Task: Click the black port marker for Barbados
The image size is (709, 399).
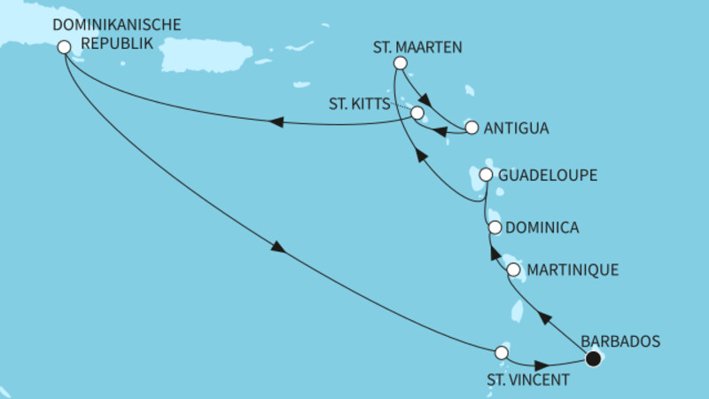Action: [x=593, y=358]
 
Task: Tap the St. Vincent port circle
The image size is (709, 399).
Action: [x=502, y=353]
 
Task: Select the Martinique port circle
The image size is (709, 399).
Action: [x=513, y=268]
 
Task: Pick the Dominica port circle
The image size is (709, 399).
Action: [x=495, y=228]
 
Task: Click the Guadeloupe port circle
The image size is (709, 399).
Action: [x=486, y=176]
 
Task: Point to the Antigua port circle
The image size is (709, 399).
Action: [x=471, y=128]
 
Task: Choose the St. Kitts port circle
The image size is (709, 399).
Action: [x=417, y=113]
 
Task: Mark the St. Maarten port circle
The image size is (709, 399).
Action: [x=400, y=63]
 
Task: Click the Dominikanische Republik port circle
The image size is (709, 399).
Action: [x=63, y=48]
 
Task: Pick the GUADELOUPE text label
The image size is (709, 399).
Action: [x=546, y=176]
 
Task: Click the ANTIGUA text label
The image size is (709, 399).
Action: [x=517, y=128]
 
